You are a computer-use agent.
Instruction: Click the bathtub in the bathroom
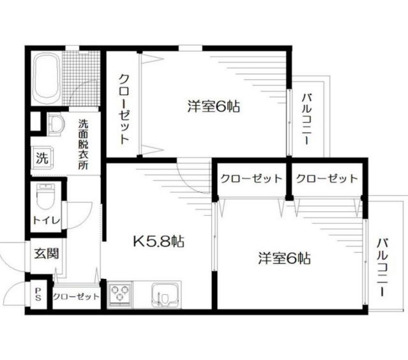tap(47, 79)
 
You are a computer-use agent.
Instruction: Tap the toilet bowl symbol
tap(46, 197)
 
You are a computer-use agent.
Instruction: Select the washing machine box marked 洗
tap(42, 158)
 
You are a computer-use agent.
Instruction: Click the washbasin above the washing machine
tap(56, 124)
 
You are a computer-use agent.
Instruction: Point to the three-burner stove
tap(120, 294)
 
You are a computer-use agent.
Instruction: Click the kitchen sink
tap(166, 295)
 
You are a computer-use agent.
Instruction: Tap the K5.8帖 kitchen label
tap(159, 242)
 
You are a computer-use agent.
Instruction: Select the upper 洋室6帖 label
tap(214, 106)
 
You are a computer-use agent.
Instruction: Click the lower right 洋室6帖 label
tap(284, 259)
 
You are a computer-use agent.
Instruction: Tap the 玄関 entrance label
tap(47, 253)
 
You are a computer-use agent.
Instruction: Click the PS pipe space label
tap(38, 294)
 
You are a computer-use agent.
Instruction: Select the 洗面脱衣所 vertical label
tap(83, 145)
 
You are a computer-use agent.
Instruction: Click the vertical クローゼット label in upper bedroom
tap(124, 109)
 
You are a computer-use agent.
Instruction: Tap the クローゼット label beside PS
tap(76, 297)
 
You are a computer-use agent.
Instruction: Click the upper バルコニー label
tap(307, 119)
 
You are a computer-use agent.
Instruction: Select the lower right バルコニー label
tap(382, 267)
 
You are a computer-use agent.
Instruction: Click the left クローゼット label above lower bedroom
tap(252, 179)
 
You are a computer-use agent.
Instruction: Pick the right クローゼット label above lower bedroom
tap(327, 179)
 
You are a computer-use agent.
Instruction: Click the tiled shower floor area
tap(81, 79)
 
